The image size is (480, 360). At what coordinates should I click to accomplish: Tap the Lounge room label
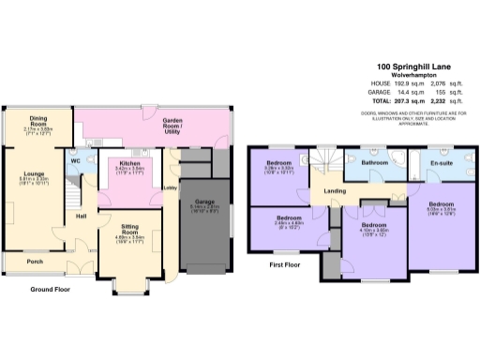click(37, 175)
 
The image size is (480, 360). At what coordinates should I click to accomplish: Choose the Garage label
click(205, 202)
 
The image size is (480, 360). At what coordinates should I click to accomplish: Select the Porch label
click(35, 262)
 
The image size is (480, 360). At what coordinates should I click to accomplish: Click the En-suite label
click(441, 162)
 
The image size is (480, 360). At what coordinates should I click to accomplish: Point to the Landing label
click(335, 192)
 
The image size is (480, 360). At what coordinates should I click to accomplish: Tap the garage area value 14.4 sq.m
click(409, 94)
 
